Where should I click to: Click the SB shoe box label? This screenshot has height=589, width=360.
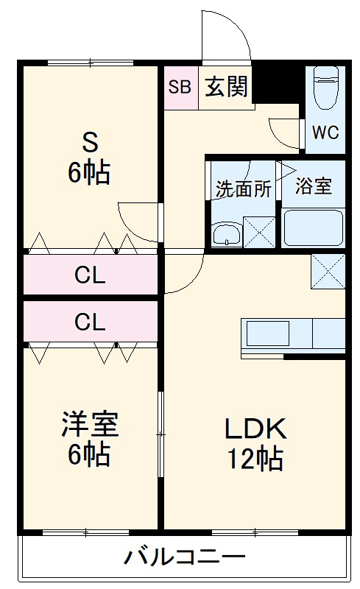coord(180,88)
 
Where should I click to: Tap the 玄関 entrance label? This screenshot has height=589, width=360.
coord(226,88)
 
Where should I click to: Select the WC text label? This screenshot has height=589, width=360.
coord(325,133)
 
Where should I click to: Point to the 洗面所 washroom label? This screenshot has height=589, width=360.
coord(243,188)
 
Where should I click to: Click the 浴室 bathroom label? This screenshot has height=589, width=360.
coord(314,186)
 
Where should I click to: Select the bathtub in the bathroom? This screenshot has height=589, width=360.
coord(314,228)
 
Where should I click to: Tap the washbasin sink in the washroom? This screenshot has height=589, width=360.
coord(226,234)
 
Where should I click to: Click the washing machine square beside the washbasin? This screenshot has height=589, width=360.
coord(259,231)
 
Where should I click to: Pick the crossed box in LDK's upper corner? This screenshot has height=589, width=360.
coord(328,272)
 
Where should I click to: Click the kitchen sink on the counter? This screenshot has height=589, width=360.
coord(268,334)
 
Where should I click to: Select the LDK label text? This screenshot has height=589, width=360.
coord(254,428)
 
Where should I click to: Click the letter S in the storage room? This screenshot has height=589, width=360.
coord(89,140)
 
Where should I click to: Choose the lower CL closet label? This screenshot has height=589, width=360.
coord(90,322)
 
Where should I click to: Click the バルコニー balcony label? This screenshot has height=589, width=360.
coord(184,556)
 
